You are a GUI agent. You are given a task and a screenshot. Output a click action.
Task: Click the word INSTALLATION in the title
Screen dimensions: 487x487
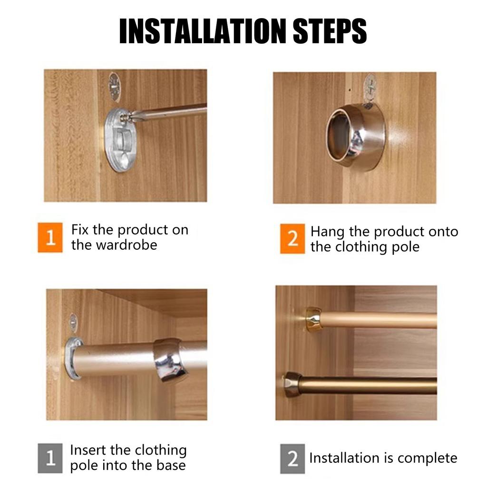point(203,31)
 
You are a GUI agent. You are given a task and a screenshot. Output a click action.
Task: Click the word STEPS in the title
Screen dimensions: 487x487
point(330,31)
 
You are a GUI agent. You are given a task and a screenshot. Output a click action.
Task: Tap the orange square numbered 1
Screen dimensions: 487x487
point(50,237)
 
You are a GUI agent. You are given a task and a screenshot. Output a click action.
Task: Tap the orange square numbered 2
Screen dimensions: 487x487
point(292,239)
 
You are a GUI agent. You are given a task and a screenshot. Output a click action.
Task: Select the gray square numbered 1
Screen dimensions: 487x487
point(50,458)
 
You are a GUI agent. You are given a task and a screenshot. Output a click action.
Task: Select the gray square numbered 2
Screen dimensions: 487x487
point(292,459)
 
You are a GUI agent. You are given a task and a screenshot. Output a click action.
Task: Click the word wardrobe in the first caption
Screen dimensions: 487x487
point(127,245)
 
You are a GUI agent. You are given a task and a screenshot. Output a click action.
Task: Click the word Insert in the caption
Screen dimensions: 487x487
point(88,450)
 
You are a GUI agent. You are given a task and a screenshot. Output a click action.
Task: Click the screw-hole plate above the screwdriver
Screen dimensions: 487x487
point(114,87)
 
